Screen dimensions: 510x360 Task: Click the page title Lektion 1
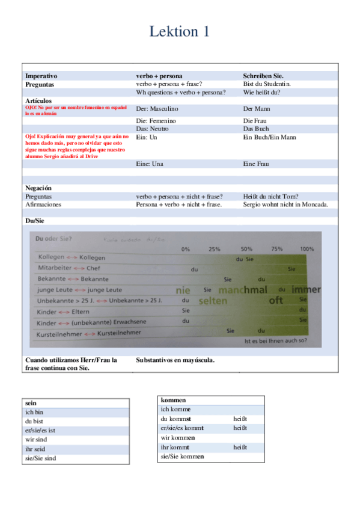[180, 32]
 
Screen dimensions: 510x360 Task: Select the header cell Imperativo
[41, 76]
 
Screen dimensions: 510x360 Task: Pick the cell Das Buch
[256, 129]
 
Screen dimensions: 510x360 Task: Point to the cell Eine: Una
[150, 164]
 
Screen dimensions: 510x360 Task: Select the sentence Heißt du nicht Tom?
[271, 196]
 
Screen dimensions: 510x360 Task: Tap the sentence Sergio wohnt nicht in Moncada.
[285, 204]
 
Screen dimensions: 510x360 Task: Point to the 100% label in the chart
[307, 248]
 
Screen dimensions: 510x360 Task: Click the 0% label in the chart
[185, 248]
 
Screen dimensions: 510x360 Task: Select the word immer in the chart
[306, 289]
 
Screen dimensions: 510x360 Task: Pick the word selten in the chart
[213, 300]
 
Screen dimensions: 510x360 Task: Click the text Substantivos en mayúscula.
[175, 360]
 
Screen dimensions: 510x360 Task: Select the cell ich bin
[34, 413]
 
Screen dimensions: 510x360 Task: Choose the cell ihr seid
[35, 449]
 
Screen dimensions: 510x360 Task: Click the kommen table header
[174, 400]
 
